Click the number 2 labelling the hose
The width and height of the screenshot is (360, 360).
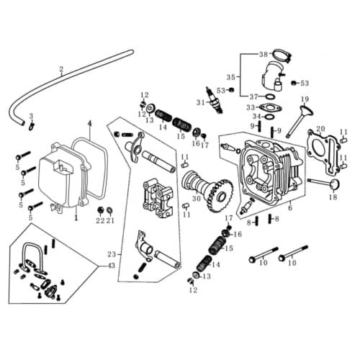[61, 70]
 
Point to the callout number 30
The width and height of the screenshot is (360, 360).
[196, 199]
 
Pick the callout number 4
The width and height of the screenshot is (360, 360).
[89, 123]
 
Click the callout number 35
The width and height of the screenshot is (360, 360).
[231, 76]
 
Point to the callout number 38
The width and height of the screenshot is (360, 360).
[263, 55]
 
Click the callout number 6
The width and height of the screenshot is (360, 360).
[289, 208]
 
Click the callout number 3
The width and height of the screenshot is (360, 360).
[31, 117]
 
